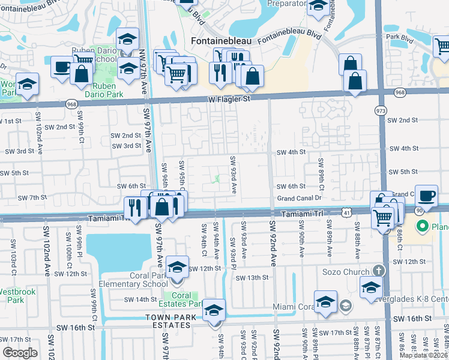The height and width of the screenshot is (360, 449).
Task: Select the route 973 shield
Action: click(x=381, y=111)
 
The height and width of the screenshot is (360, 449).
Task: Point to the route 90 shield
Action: click(x=417, y=211)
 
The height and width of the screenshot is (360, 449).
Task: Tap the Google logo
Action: click(x=20, y=353)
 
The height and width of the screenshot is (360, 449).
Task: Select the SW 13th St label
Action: click(x=251, y=278)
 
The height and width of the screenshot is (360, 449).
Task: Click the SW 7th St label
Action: click(x=32, y=197)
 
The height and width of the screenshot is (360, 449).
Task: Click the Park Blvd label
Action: click(x=400, y=37)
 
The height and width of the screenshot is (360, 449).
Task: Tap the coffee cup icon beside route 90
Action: click(x=426, y=196)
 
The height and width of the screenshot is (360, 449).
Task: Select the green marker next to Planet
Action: click(x=422, y=227)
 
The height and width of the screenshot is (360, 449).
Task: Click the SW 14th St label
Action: click(x=139, y=299)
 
